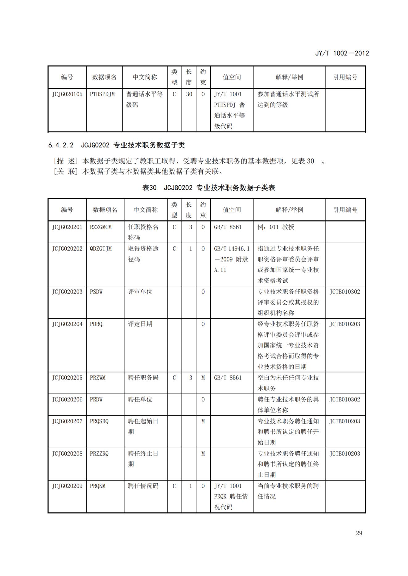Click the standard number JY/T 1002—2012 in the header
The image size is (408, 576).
pos(342,53)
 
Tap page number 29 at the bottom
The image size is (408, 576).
pos(359,533)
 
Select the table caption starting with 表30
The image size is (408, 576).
pos(208,188)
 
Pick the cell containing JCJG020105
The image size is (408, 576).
pos(67,94)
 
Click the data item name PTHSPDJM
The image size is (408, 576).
pos(102,94)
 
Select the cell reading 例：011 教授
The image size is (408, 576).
pos(276,227)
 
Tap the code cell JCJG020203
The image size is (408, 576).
pos(67,292)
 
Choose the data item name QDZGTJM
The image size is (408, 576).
pos(101,249)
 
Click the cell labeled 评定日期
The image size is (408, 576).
pos(140,324)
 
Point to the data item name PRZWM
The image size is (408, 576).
pos(98,378)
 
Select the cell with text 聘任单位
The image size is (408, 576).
pos(140,400)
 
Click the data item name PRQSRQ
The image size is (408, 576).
pos(99,421)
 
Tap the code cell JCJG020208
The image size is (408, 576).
pos(67,453)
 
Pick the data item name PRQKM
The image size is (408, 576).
pos(98,486)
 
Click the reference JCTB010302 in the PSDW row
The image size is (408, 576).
pos(345,292)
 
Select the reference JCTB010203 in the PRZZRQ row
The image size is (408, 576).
pos(345,453)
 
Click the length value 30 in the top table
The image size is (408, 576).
pos(189,94)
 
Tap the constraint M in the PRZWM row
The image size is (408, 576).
pos(203,378)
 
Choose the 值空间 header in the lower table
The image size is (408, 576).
pos(232,210)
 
